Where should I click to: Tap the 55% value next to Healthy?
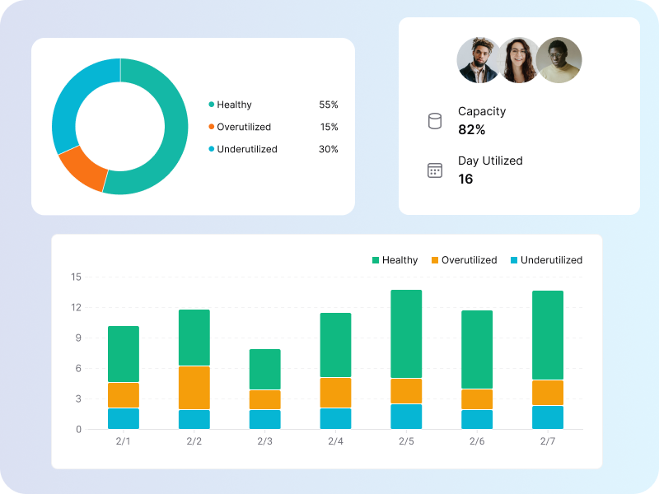point(328,105)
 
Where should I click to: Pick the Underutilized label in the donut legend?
point(246,149)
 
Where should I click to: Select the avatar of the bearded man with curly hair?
point(479,60)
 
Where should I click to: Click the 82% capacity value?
point(471,129)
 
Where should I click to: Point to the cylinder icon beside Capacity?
point(435,121)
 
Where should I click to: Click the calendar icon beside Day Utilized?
point(435,170)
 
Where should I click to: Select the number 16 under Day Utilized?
point(465,179)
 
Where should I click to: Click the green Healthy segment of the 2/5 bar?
point(406,333)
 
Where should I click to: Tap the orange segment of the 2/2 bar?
point(194,388)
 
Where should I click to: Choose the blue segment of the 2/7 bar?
point(548,417)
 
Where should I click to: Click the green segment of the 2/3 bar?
point(265,369)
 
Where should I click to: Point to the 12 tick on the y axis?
point(76,307)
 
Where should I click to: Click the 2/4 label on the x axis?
point(335,441)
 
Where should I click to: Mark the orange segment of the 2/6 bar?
point(477,399)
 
